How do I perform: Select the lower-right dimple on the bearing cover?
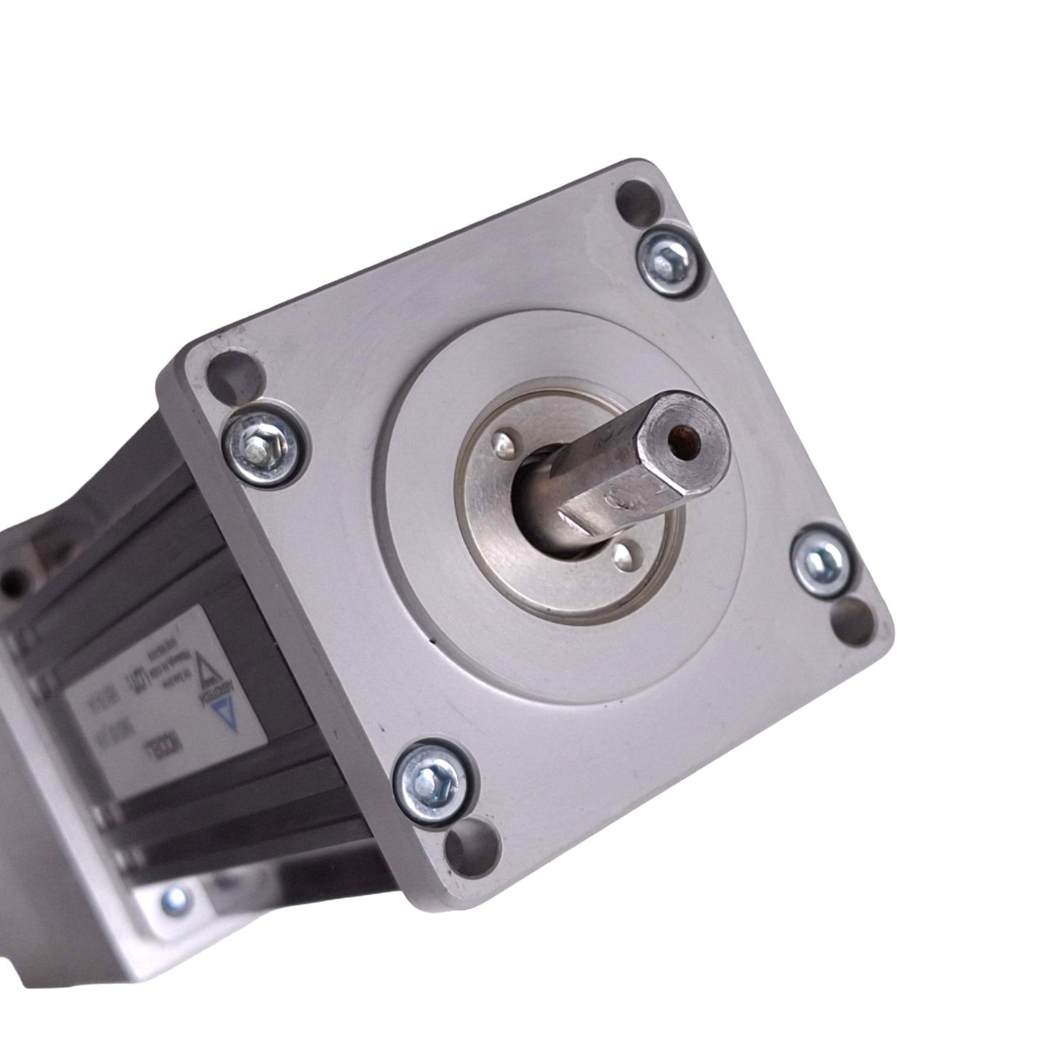tap(620, 556)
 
